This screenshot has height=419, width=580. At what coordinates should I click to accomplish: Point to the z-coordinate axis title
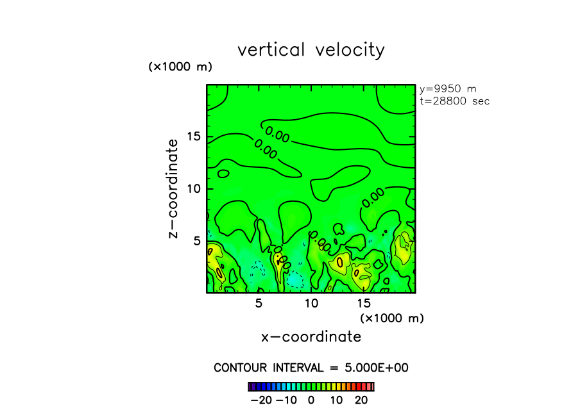click(173, 192)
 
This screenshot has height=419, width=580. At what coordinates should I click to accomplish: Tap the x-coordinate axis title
click(311, 336)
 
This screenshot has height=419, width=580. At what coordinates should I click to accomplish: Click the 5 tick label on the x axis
click(259, 303)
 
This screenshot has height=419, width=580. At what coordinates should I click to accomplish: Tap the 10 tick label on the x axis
click(311, 303)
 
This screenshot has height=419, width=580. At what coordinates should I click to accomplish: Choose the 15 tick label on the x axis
click(363, 303)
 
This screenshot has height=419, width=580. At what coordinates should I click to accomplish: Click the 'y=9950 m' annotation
click(447, 89)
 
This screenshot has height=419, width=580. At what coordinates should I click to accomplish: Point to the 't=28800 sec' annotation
click(454, 101)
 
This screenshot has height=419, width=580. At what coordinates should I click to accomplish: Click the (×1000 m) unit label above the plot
click(180, 67)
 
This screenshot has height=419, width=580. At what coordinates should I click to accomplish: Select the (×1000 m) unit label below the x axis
click(391, 318)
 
